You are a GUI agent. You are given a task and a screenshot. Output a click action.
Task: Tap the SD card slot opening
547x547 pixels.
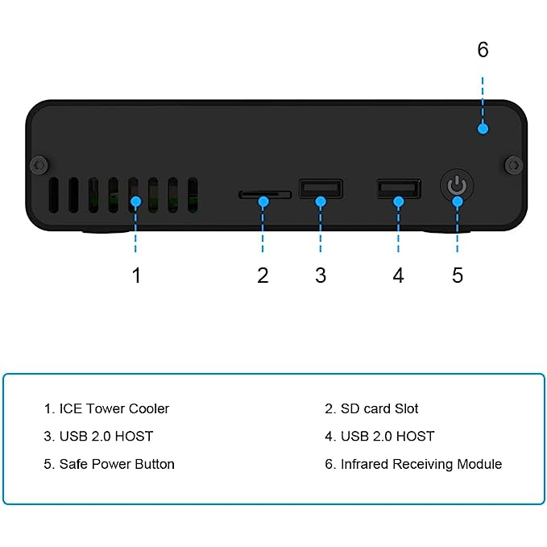pos(264,194)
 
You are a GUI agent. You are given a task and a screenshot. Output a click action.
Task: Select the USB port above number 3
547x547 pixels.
pos(320,189)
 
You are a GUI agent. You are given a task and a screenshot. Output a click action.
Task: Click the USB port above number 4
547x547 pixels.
pos(398,189)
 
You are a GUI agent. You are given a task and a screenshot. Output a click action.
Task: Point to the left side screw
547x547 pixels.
pos(36,165)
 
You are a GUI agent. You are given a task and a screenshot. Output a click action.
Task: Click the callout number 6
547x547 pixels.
pos(483,50)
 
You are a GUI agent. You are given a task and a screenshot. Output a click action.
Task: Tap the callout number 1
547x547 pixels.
pos(136,276)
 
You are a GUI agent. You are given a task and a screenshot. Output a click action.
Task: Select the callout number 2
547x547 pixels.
pos(263,276)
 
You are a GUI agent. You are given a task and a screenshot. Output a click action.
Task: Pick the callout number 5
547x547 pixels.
pos(458,276)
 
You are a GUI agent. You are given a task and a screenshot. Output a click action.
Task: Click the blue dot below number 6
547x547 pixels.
pos(483,128)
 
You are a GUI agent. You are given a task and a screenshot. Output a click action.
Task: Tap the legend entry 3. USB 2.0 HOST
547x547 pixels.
pos(98,436)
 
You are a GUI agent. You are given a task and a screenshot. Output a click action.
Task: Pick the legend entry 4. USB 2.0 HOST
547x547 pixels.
pos(379,436)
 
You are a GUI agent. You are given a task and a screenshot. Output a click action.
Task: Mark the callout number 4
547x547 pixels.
pos(398,276)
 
